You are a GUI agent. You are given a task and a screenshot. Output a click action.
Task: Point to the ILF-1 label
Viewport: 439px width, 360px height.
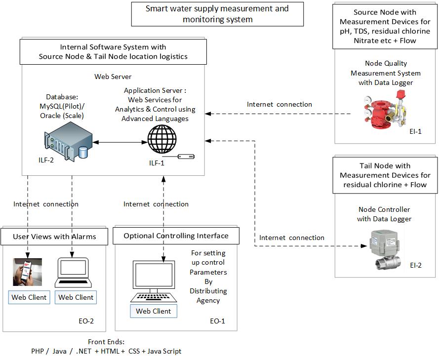[158, 163]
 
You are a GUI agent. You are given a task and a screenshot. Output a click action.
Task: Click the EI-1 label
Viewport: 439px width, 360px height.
[415, 132]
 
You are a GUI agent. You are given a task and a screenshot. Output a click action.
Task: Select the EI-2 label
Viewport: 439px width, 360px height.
[415, 265]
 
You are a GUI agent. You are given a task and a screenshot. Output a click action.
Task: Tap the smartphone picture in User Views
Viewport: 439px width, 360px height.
[27, 272]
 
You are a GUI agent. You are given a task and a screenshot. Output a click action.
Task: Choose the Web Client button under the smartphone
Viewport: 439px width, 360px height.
[29, 297]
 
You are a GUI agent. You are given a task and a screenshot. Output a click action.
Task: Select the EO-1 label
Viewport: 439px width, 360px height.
[217, 321]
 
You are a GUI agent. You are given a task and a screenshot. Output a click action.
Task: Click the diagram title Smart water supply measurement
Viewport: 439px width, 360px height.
[217, 14]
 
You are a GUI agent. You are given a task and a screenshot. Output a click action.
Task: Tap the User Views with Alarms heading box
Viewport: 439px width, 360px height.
[54, 237]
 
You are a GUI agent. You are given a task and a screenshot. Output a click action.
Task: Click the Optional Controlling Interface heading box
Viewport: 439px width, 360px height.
[176, 236]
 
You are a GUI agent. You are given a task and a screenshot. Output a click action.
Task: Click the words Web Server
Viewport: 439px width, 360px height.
[113, 77]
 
